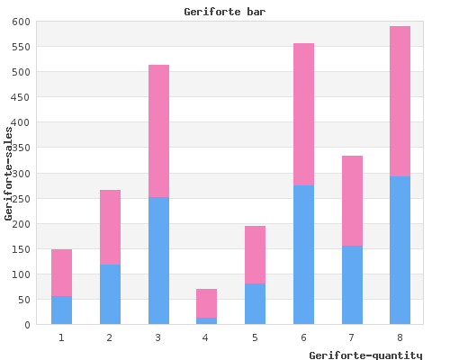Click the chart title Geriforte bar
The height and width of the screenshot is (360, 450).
point(225,12)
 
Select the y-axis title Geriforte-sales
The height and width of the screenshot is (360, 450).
point(8,174)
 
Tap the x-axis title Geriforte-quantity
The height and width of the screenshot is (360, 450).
point(365,355)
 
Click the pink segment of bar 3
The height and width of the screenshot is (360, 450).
point(158,130)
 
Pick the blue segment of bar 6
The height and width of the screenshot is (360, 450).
point(303,255)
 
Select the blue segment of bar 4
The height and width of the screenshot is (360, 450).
point(206,320)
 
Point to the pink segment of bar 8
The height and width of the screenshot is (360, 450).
point(400,102)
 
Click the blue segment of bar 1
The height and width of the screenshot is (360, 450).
point(61,310)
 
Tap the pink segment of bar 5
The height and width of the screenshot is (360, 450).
point(255,255)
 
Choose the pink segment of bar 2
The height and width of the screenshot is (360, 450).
point(110,227)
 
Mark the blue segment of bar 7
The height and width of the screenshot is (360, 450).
point(352,285)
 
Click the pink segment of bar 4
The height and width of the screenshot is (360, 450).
point(206,303)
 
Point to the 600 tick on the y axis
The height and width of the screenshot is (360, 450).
point(21,22)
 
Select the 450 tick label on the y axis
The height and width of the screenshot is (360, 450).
point(21,97)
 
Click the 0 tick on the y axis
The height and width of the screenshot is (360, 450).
point(28,325)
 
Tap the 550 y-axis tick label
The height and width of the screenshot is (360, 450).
point(21,47)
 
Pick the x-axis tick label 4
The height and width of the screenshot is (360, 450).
point(205,337)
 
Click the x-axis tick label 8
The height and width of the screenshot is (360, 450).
point(400,337)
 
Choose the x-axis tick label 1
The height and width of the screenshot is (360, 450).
point(61,337)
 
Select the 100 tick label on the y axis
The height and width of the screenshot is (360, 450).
point(21,274)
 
